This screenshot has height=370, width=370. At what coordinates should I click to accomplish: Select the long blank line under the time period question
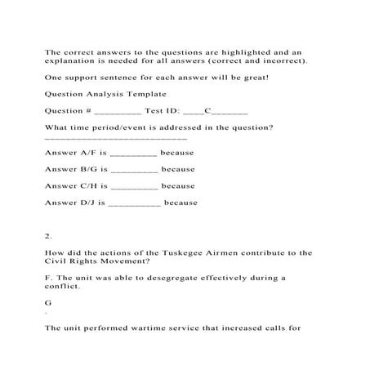[x=116, y=140]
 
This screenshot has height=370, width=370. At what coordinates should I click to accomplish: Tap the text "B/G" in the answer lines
[x=86, y=169]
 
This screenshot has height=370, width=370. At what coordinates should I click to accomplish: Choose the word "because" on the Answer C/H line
[x=178, y=185]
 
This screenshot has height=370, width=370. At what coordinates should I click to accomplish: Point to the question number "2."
[x=48, y=237]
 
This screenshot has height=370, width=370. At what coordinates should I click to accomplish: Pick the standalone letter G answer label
[x=48, y=302]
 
